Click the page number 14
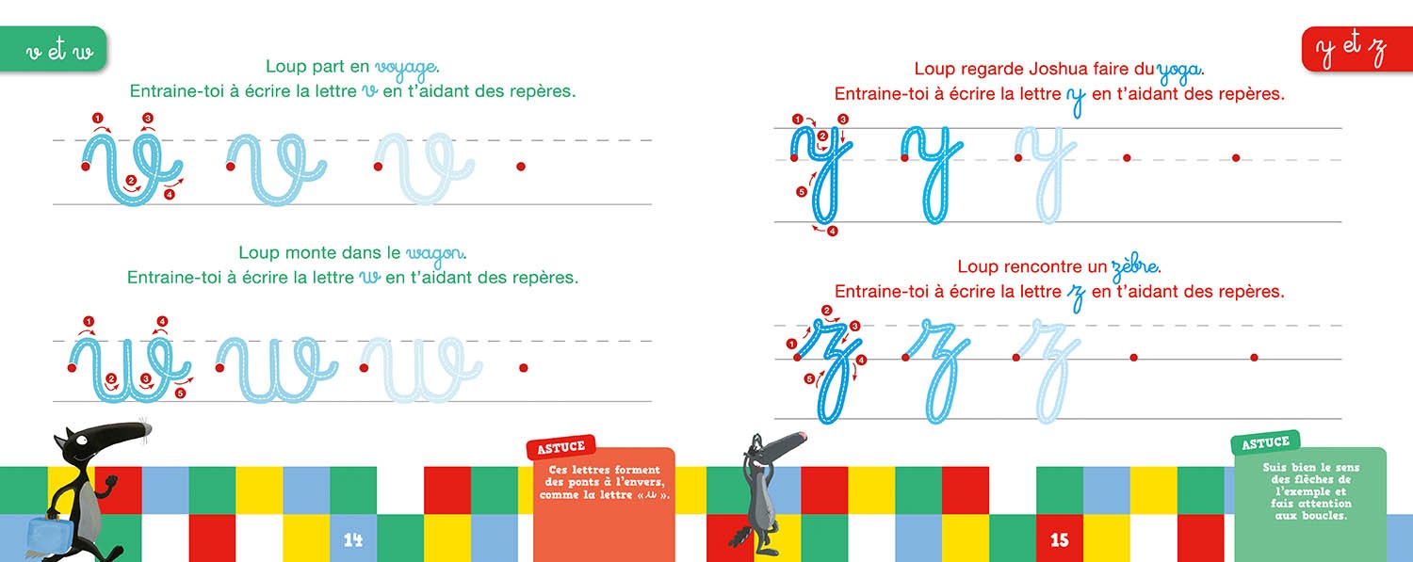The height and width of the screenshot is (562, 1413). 352,539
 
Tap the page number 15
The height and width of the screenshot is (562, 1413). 1059,539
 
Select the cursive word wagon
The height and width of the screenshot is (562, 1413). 435,254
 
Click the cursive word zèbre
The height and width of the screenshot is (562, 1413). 1134,268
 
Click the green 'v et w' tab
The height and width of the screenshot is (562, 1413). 54,49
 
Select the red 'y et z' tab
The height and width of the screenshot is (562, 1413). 1356,49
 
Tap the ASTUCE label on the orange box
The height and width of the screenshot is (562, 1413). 560,447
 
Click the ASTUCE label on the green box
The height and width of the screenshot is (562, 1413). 1265,443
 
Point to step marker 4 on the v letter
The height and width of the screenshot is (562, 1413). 169,195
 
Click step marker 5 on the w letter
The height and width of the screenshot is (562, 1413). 181,393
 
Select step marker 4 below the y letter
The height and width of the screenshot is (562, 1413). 833,232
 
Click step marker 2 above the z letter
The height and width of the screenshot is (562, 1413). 827,310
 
